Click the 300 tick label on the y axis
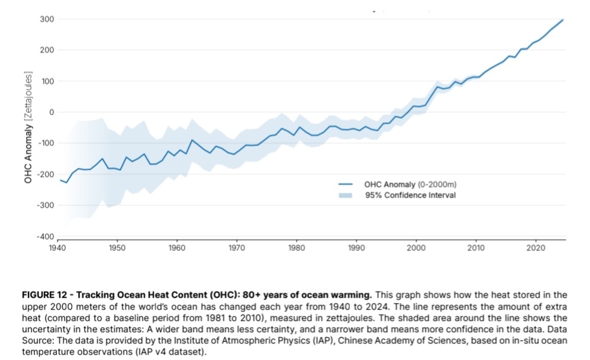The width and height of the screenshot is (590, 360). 47,19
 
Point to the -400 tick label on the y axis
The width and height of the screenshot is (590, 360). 46,236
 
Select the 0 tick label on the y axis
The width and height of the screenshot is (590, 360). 51,112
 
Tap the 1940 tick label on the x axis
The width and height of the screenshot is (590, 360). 57,247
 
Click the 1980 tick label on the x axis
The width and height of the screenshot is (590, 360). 296,247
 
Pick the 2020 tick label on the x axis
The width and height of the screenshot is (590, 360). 536,247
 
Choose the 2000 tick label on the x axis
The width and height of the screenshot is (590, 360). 416,247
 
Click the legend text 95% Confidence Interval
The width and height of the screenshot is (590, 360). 411,195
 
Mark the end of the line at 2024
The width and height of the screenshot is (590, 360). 563,20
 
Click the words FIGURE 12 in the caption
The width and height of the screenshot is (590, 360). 46,294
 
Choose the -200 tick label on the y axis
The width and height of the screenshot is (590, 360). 46,174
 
